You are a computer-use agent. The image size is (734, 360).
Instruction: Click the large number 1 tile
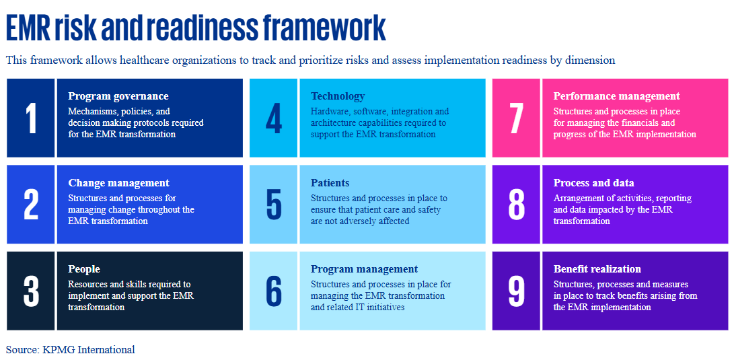click(31, 118)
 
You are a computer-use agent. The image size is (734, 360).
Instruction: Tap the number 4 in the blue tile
click(274, 118)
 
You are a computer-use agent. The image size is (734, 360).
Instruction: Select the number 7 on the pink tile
click(516, 118)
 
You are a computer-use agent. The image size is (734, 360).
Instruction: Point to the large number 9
click(516, 291)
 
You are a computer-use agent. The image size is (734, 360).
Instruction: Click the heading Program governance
click(118, 96)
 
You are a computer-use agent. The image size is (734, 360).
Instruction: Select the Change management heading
click(118, 182)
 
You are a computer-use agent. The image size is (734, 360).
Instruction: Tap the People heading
click(84, 269)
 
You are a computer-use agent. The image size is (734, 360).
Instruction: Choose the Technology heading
click(338, 96)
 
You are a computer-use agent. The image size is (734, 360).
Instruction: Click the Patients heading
click(330, 182)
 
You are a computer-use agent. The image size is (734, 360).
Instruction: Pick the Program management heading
click(364, 269)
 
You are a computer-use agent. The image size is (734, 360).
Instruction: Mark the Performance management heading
click(616, 96)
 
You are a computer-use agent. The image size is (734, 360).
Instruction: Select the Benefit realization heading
click(597, 269)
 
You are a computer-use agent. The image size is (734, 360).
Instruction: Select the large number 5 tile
click(273, 205)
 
